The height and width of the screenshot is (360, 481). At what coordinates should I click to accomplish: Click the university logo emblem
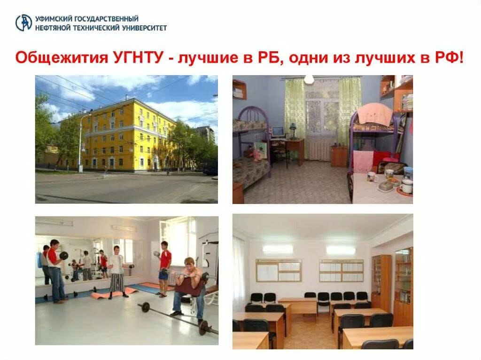23,23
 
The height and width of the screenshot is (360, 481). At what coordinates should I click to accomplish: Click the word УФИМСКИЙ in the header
53,19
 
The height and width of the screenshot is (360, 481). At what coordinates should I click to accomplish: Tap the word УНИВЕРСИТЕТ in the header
144,28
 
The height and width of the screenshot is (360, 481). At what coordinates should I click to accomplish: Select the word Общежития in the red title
62,58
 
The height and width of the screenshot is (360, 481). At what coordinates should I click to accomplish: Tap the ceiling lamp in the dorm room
309,79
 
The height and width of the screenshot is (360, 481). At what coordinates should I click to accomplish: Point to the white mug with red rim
406,186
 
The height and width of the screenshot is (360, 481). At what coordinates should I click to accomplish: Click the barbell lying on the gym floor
178,319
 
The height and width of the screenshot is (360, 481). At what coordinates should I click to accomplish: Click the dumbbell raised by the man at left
64,255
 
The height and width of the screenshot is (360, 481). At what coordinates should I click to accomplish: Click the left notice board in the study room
279,270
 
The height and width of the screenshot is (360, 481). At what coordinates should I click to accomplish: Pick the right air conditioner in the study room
341,250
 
